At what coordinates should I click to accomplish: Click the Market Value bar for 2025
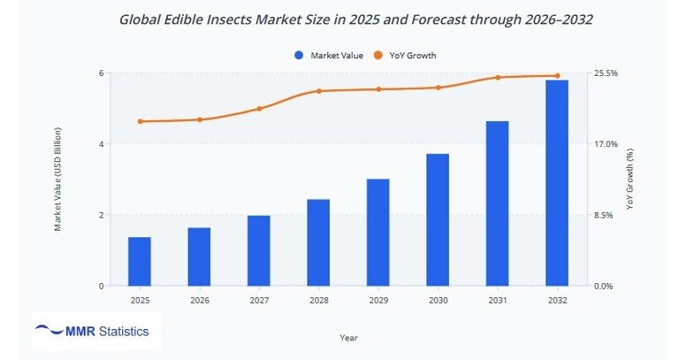click(x=140, y=262)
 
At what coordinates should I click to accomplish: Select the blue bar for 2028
click(x=318, y=243)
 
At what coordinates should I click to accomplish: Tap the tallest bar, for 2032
click(x=557, y=183)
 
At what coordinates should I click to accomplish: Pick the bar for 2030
click(x=438, y=220)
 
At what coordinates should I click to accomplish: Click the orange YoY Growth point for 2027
click(x=259, y=109)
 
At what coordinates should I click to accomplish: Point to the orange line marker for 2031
click(x=498, y=78)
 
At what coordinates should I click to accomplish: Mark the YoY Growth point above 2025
click(x=140, y=121)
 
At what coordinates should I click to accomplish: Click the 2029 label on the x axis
click(x=378, y=301)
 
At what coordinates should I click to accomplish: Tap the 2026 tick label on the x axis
click(x=199, y=301)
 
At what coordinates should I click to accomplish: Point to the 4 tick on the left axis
click(x=101, y=144)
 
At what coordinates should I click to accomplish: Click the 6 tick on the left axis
click(x=101, y=73)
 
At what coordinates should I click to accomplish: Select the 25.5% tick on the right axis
click(x=606, y=73)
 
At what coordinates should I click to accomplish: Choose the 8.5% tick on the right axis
click(x=603, y=215)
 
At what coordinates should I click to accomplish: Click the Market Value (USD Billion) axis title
click(x=57, y=180)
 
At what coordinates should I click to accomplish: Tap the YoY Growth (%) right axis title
click(x=630, y=180)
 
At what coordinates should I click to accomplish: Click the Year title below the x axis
click(x=348, y=337)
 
